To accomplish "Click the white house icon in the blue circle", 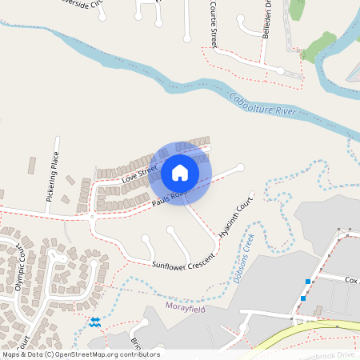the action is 180,173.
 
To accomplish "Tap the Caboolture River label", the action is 262,108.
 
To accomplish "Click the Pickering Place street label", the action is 53,182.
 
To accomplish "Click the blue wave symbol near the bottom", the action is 94,322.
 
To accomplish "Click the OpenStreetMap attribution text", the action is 80,354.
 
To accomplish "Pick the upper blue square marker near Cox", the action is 308,281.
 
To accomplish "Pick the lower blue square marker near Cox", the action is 302,298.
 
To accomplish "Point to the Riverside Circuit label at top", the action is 80,3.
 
